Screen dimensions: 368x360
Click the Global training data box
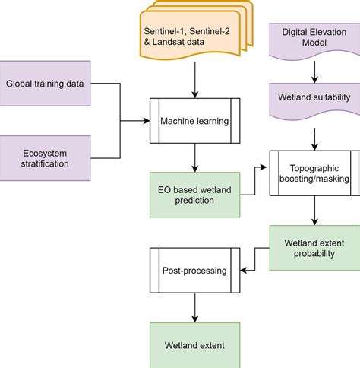pos(46,83)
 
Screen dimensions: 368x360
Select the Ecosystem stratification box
pos(46,158)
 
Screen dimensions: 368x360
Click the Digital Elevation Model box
pos(314,40)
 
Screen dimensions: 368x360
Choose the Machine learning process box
pos(195,120)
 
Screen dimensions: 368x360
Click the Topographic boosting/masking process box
pos(314,173)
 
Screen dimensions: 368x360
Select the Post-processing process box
pos(195,269)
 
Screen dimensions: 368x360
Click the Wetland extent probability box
pos(314,248)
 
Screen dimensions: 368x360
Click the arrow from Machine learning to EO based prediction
pos(195,157)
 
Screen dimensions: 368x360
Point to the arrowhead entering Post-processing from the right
pos(245,269)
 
